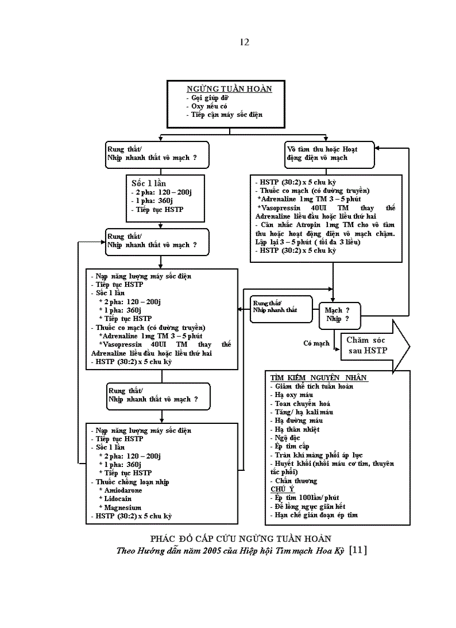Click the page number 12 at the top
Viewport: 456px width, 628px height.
coord(244,42)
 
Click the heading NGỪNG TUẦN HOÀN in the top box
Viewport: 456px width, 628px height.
coord(229,89)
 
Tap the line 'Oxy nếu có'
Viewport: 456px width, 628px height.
coord(207,106)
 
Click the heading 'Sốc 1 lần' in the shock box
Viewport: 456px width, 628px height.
coord(148,183)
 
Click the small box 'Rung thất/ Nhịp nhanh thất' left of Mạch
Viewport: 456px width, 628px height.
coord(281,306)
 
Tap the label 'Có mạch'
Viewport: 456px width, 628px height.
coord(316,343)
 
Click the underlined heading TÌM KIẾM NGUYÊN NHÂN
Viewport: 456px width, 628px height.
coord(319,377)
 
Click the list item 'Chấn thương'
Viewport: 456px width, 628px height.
coord(296,481)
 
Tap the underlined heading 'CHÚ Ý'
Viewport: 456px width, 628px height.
coord(283,489)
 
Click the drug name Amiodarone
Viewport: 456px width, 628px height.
coord(123,490)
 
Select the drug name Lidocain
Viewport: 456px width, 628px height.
coord(118,499)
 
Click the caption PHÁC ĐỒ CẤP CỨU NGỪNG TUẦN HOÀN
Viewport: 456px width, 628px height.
coord(241,539)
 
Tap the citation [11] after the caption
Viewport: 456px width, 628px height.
coord(357,550)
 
